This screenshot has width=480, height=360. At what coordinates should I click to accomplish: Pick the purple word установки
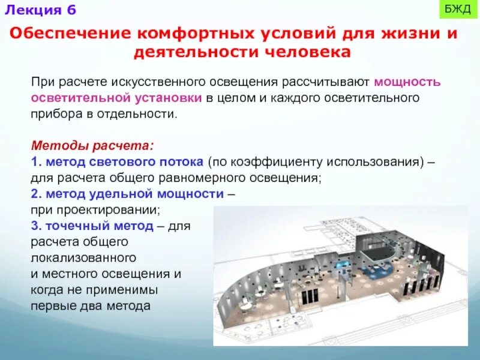tap(169, 97)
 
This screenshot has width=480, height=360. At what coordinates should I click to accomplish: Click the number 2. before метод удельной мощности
tap(35, 194)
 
